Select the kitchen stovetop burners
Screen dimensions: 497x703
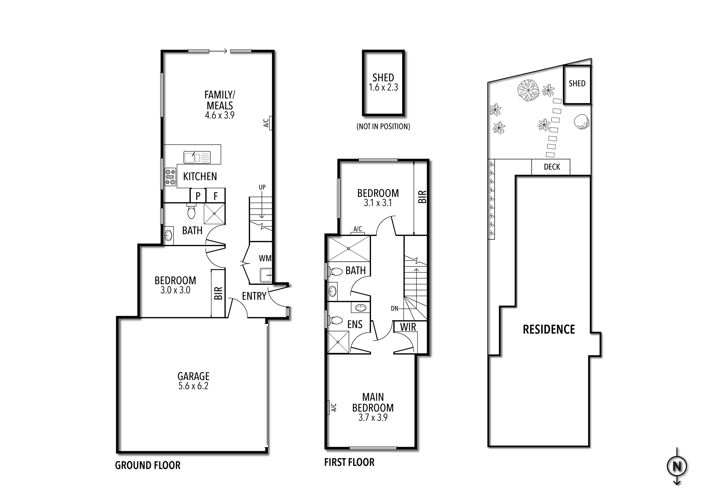pos(170,177)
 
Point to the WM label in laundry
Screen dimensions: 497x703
pos(265,258)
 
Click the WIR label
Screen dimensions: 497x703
pos(408,327)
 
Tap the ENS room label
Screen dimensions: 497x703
pos(355,324)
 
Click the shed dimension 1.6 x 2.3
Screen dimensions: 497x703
pos(383,87)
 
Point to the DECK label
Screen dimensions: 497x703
pos(552,167)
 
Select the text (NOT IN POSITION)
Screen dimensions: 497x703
pos(383,127)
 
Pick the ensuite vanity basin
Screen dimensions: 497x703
pos(361,307)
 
